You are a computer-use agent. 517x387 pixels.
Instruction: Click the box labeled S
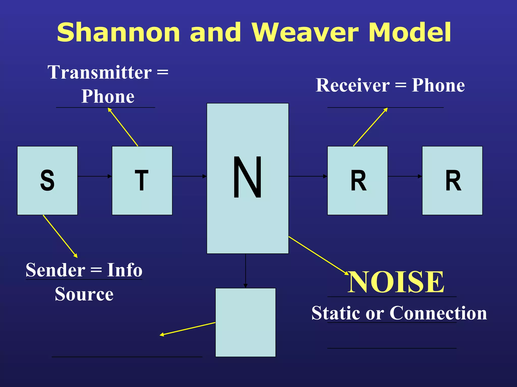pyautogui.click(x=47, y=180)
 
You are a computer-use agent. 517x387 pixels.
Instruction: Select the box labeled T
pyautogui.click(x=142, y=180)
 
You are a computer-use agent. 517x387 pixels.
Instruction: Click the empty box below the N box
pyautogui.click(x=245, y=322)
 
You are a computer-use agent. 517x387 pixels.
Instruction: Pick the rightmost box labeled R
pyautogui.click(x=452, y=180)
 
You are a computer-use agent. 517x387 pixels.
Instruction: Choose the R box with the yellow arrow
pyautogui.click(x=357, y=180)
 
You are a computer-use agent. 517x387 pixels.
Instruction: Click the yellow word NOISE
pyautogui.click(x=396, y=282)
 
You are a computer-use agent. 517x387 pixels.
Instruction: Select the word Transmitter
pyautogui.click(x=100, y=72)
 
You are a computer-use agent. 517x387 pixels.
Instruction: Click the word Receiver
pyautogui.click(x=353, y=85)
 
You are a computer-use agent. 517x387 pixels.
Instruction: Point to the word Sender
pyautogui.click(x=56, y=270)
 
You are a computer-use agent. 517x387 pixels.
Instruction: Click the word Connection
pyautogui.click(x=438, y=313)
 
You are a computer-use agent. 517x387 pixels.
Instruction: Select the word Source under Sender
pyautogui.click(x=84, y=294)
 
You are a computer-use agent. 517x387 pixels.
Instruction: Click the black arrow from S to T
pyautogui.click(x=95, y=176)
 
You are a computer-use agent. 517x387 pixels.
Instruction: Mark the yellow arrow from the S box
pyautogui.click(x=60, y=236)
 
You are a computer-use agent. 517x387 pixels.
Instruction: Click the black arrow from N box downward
pyautogui.click(x=245, y=271)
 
